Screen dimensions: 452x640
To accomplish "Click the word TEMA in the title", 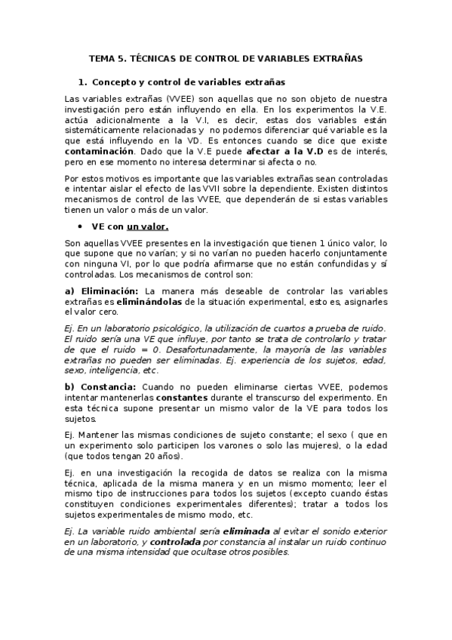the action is coord(100,57).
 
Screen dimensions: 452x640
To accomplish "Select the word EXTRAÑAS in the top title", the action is coord(337,57).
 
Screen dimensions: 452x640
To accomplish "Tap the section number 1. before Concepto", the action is coord(83,82).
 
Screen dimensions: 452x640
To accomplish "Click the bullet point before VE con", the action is coord(79,226).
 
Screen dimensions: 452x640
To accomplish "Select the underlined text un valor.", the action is coord(147,226).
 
